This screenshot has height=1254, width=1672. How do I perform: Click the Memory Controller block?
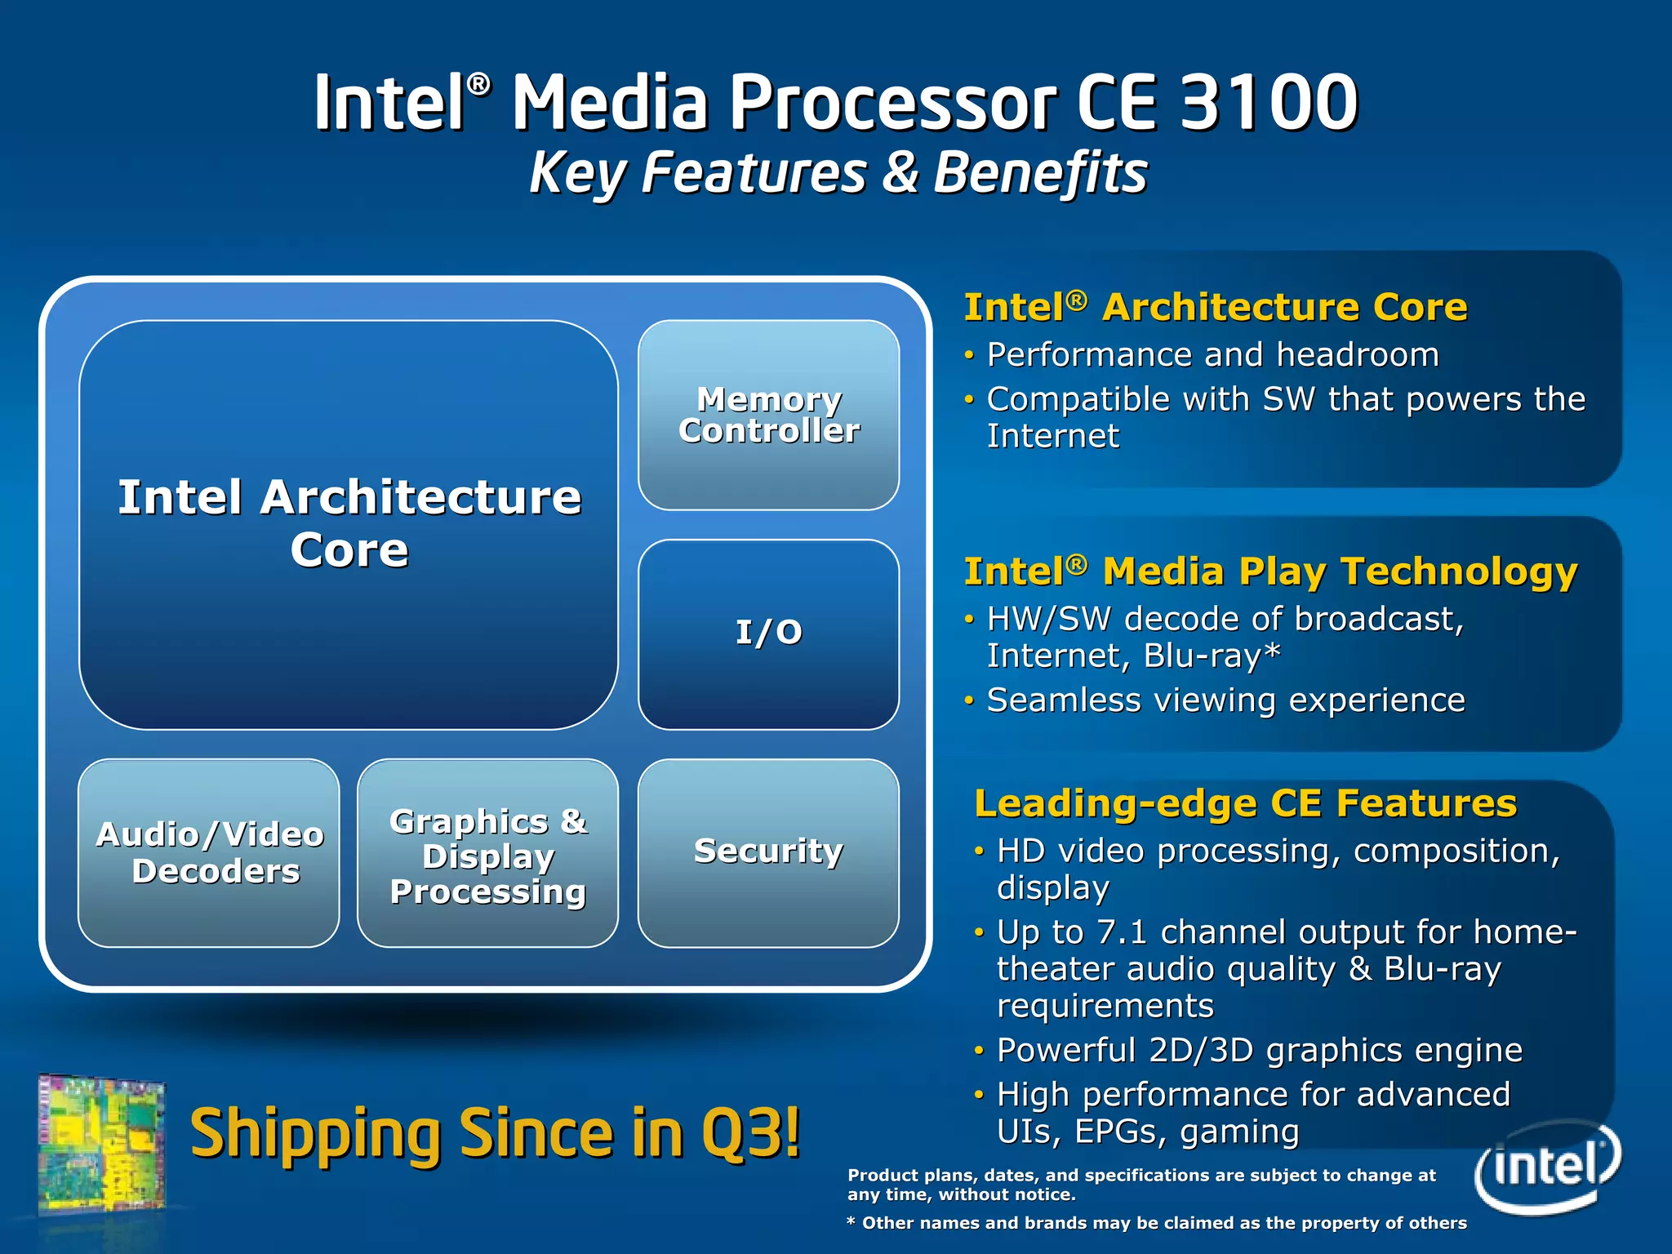point(768,415)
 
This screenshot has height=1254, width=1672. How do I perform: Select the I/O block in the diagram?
point(768,634)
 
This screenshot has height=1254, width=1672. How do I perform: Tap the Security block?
point(768,852)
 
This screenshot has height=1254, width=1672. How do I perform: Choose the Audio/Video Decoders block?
point(209,852)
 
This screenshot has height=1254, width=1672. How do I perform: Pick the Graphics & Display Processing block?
point(487,855)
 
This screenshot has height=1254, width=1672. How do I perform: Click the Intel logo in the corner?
point(1546,1166)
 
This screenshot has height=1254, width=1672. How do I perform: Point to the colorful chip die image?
point(101,1143)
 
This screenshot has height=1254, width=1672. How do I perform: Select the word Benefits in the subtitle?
point(1040,173)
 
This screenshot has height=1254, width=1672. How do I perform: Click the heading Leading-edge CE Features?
point(1246,803)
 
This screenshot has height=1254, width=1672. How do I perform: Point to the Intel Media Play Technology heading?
point(1270,571)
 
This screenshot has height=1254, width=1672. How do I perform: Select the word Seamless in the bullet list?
point(1064,700)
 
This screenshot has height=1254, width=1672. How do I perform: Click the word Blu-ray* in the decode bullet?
point(1212,656)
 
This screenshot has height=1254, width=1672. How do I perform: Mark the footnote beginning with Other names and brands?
point(1157,1223)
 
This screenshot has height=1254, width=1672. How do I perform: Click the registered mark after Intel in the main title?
point(479,83)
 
